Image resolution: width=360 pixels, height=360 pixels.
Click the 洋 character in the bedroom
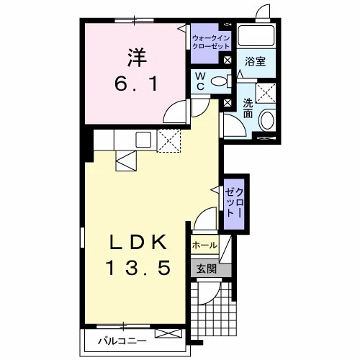(137, 58)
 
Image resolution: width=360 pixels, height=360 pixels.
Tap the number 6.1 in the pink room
(136, 84)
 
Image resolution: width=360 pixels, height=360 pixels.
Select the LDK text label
(138, 242)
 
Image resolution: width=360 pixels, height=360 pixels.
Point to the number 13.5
(138, 268)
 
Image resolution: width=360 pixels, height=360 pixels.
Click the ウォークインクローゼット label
(211, 42)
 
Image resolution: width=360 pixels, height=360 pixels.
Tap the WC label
(200, 81)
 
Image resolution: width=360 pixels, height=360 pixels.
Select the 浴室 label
(255, 61)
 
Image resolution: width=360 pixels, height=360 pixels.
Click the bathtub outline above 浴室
(256, 35)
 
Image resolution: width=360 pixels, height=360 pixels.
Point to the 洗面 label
(248, 108)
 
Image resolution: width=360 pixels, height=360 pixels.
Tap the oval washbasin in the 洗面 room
(267, 121)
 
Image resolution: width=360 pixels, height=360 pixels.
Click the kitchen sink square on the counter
(143, 140)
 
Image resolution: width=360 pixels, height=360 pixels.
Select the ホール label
(204, 246)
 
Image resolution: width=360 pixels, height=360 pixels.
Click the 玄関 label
(206, 269)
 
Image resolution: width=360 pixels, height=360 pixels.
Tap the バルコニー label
(122, 341)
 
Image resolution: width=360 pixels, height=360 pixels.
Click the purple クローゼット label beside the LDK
(234, 202)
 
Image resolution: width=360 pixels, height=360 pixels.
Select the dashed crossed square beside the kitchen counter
(168, 141)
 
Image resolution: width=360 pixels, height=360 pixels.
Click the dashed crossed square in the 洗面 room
(266, 93)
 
